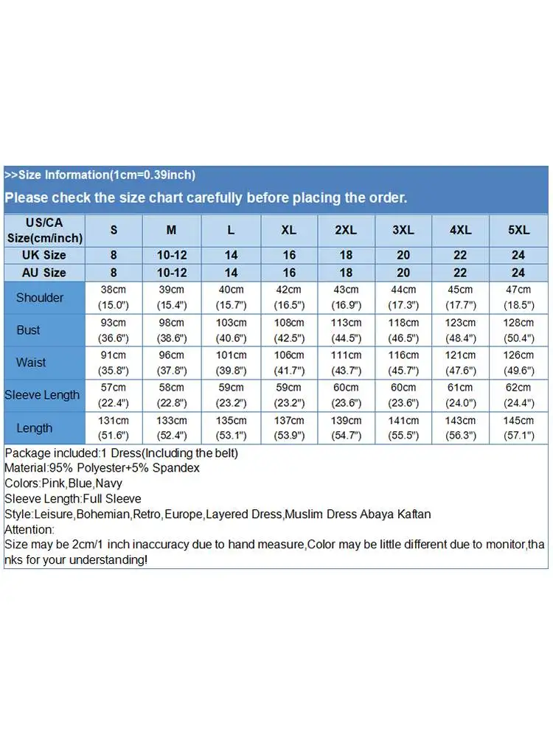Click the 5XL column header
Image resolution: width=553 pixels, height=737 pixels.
[x=518, y=230]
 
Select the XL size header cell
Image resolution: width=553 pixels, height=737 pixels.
[x=289, y=230]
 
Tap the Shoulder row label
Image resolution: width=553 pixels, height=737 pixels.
[x=40, y=298]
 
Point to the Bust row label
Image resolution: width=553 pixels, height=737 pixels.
[x=29, y=330]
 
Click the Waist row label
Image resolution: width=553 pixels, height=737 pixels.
[x=31, y=363]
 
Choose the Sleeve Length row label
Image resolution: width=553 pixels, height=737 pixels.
[x=42, y=395]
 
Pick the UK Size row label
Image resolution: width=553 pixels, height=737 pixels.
[x=44, y=255]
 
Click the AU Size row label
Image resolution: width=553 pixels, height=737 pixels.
[x=44, y=273]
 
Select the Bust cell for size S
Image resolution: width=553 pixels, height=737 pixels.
[x=114, y=330]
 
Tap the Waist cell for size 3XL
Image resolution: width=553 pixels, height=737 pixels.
[x=403, y=363]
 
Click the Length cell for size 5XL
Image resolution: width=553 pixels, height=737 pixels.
[x=518, y=428]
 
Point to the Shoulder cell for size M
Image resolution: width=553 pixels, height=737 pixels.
[x=171, y=298]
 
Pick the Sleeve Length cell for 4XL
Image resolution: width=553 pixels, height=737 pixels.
[x=461, y=395]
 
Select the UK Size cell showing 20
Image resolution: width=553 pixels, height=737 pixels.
[x=403, y=255]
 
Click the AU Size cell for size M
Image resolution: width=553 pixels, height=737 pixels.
[x=171, y=273]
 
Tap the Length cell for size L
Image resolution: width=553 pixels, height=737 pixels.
[x=231, y=428]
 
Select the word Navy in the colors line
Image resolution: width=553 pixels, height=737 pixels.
[x=109, y=483]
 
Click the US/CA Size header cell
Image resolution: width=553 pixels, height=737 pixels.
[x=44, y=230]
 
